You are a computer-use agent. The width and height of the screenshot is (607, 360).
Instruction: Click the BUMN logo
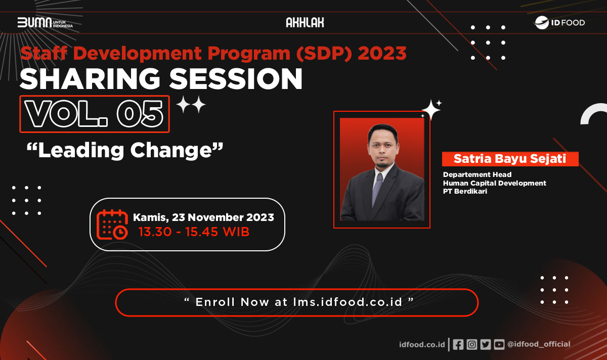click(x=45, y=22)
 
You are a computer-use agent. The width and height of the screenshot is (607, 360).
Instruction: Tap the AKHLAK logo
click(x=305, y=22)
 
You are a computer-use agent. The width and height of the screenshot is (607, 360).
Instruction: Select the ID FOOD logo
click(x=559, y=22)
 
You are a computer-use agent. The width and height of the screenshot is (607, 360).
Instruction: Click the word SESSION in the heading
click(x=236, y=79)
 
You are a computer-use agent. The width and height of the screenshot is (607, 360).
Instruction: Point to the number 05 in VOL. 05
click(x=140, y=114)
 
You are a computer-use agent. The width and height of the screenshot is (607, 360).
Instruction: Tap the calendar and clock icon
click(x=112, y=224)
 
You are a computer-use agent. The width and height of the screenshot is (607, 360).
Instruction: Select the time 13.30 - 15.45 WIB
click(x=194, y=232)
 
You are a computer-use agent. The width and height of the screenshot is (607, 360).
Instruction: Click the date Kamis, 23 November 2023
click(x=203, y=217)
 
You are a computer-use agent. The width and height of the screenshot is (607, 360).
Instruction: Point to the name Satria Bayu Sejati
click(x=510, y=159)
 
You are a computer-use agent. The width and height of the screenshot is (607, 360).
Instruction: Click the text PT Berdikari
click(x=465, y=191)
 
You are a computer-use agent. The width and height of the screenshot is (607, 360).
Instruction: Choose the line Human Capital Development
click(x=495, y=184)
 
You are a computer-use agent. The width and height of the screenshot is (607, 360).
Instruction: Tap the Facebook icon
click(x=458, y=344)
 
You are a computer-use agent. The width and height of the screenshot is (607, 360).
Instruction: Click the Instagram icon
click(x=472, y=344)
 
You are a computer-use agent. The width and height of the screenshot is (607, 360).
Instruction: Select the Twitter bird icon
click(x=485, y=344)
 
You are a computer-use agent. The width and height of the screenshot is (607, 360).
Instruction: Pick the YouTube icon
click(x=499, y=344)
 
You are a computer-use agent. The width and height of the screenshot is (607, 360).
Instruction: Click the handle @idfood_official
click(x=539, y=344)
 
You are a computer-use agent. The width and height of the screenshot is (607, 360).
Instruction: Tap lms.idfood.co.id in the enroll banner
click(x=348, y=302)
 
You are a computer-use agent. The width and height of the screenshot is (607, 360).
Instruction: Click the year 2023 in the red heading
click(x=382, y=53)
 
